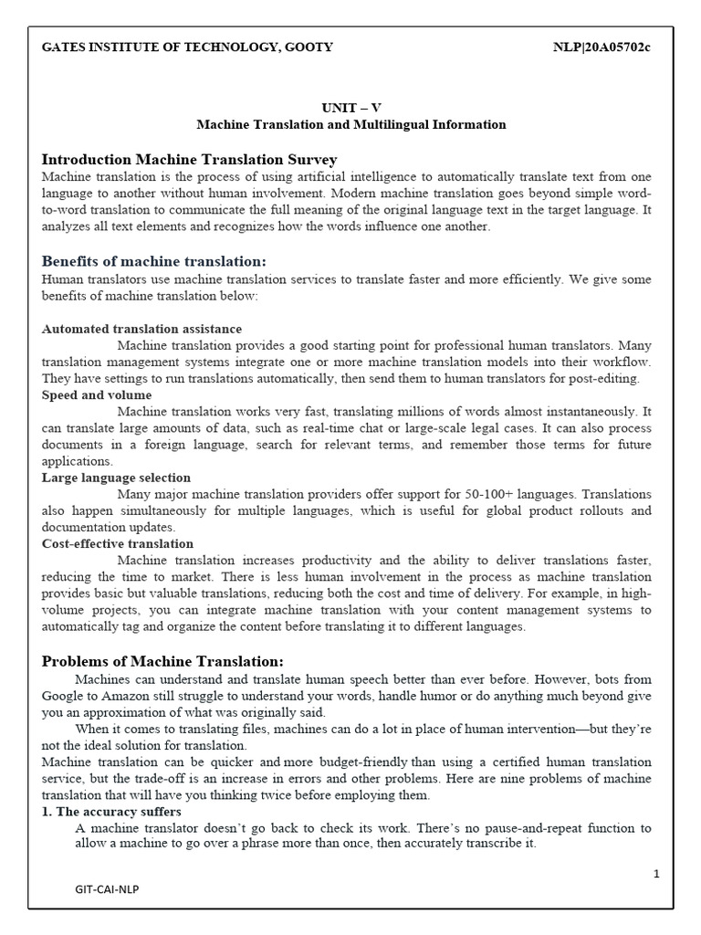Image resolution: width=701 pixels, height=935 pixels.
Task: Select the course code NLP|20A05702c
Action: (602, 47)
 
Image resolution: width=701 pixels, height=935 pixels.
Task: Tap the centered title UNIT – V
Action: (351, 107)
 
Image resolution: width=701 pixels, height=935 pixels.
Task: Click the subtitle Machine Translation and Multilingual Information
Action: (351, 124)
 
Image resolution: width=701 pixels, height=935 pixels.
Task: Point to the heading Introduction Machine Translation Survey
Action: (190, 159)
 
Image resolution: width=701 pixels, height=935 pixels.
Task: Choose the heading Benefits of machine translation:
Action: (153, 261)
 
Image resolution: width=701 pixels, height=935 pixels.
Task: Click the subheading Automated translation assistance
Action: (142, 329)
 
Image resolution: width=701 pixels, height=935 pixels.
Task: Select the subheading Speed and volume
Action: (97, 395)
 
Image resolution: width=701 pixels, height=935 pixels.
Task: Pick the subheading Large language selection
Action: (117, 478)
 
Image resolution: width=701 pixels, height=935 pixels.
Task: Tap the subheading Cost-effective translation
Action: (118, 544)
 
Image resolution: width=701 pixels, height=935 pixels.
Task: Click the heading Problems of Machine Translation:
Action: (163, 660)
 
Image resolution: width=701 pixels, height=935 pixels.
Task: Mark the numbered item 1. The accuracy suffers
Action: (112, 812)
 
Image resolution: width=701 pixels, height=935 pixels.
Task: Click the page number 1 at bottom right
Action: (655, 874)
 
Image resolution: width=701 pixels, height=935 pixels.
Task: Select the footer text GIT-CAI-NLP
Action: (108, 888)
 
